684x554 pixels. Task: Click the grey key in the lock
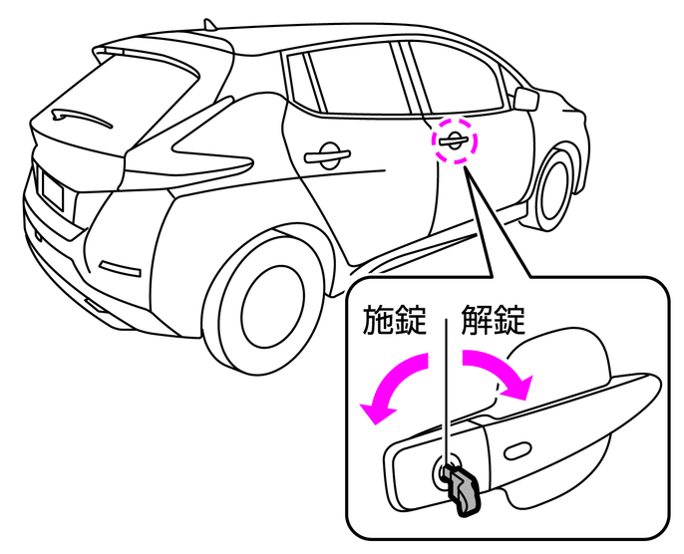tap(463, 488)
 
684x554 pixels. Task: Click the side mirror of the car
tap(526, 97)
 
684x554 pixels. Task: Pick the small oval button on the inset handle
tap(519, 453)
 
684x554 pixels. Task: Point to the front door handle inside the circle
tap(452, 139)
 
